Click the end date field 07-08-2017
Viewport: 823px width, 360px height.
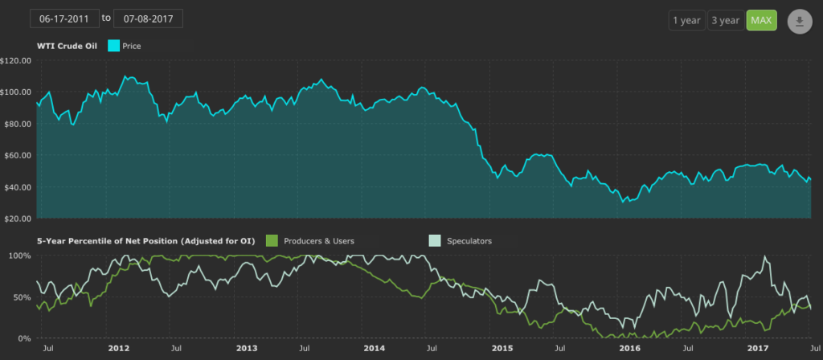coord(149,18)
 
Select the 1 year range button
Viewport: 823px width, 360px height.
coord(686,21)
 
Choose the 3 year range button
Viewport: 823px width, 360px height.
coord(724,21)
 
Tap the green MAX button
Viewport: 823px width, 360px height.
coord(760,21)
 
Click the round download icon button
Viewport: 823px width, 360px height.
coord(800,22)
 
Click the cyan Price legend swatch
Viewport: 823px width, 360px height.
coord(113,47)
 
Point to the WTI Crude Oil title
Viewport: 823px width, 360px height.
coord(68,47)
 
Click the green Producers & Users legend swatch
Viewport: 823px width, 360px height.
coord(272,240)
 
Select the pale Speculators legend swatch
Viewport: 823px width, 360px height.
coord(434,240)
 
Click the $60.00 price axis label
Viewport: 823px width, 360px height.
coord(17,155)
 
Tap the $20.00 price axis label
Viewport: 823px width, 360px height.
coord(17,219)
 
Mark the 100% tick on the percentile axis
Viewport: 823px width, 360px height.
coord(18,256)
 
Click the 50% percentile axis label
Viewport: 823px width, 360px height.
coord(21,297)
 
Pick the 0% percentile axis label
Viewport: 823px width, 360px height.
coord(23,338)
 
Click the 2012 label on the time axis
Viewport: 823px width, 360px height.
coord(119,349)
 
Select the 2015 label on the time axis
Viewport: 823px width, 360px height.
coord(502,349)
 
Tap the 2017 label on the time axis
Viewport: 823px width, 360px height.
coord(759,349)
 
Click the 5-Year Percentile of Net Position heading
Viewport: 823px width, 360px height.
coord(146,240)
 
